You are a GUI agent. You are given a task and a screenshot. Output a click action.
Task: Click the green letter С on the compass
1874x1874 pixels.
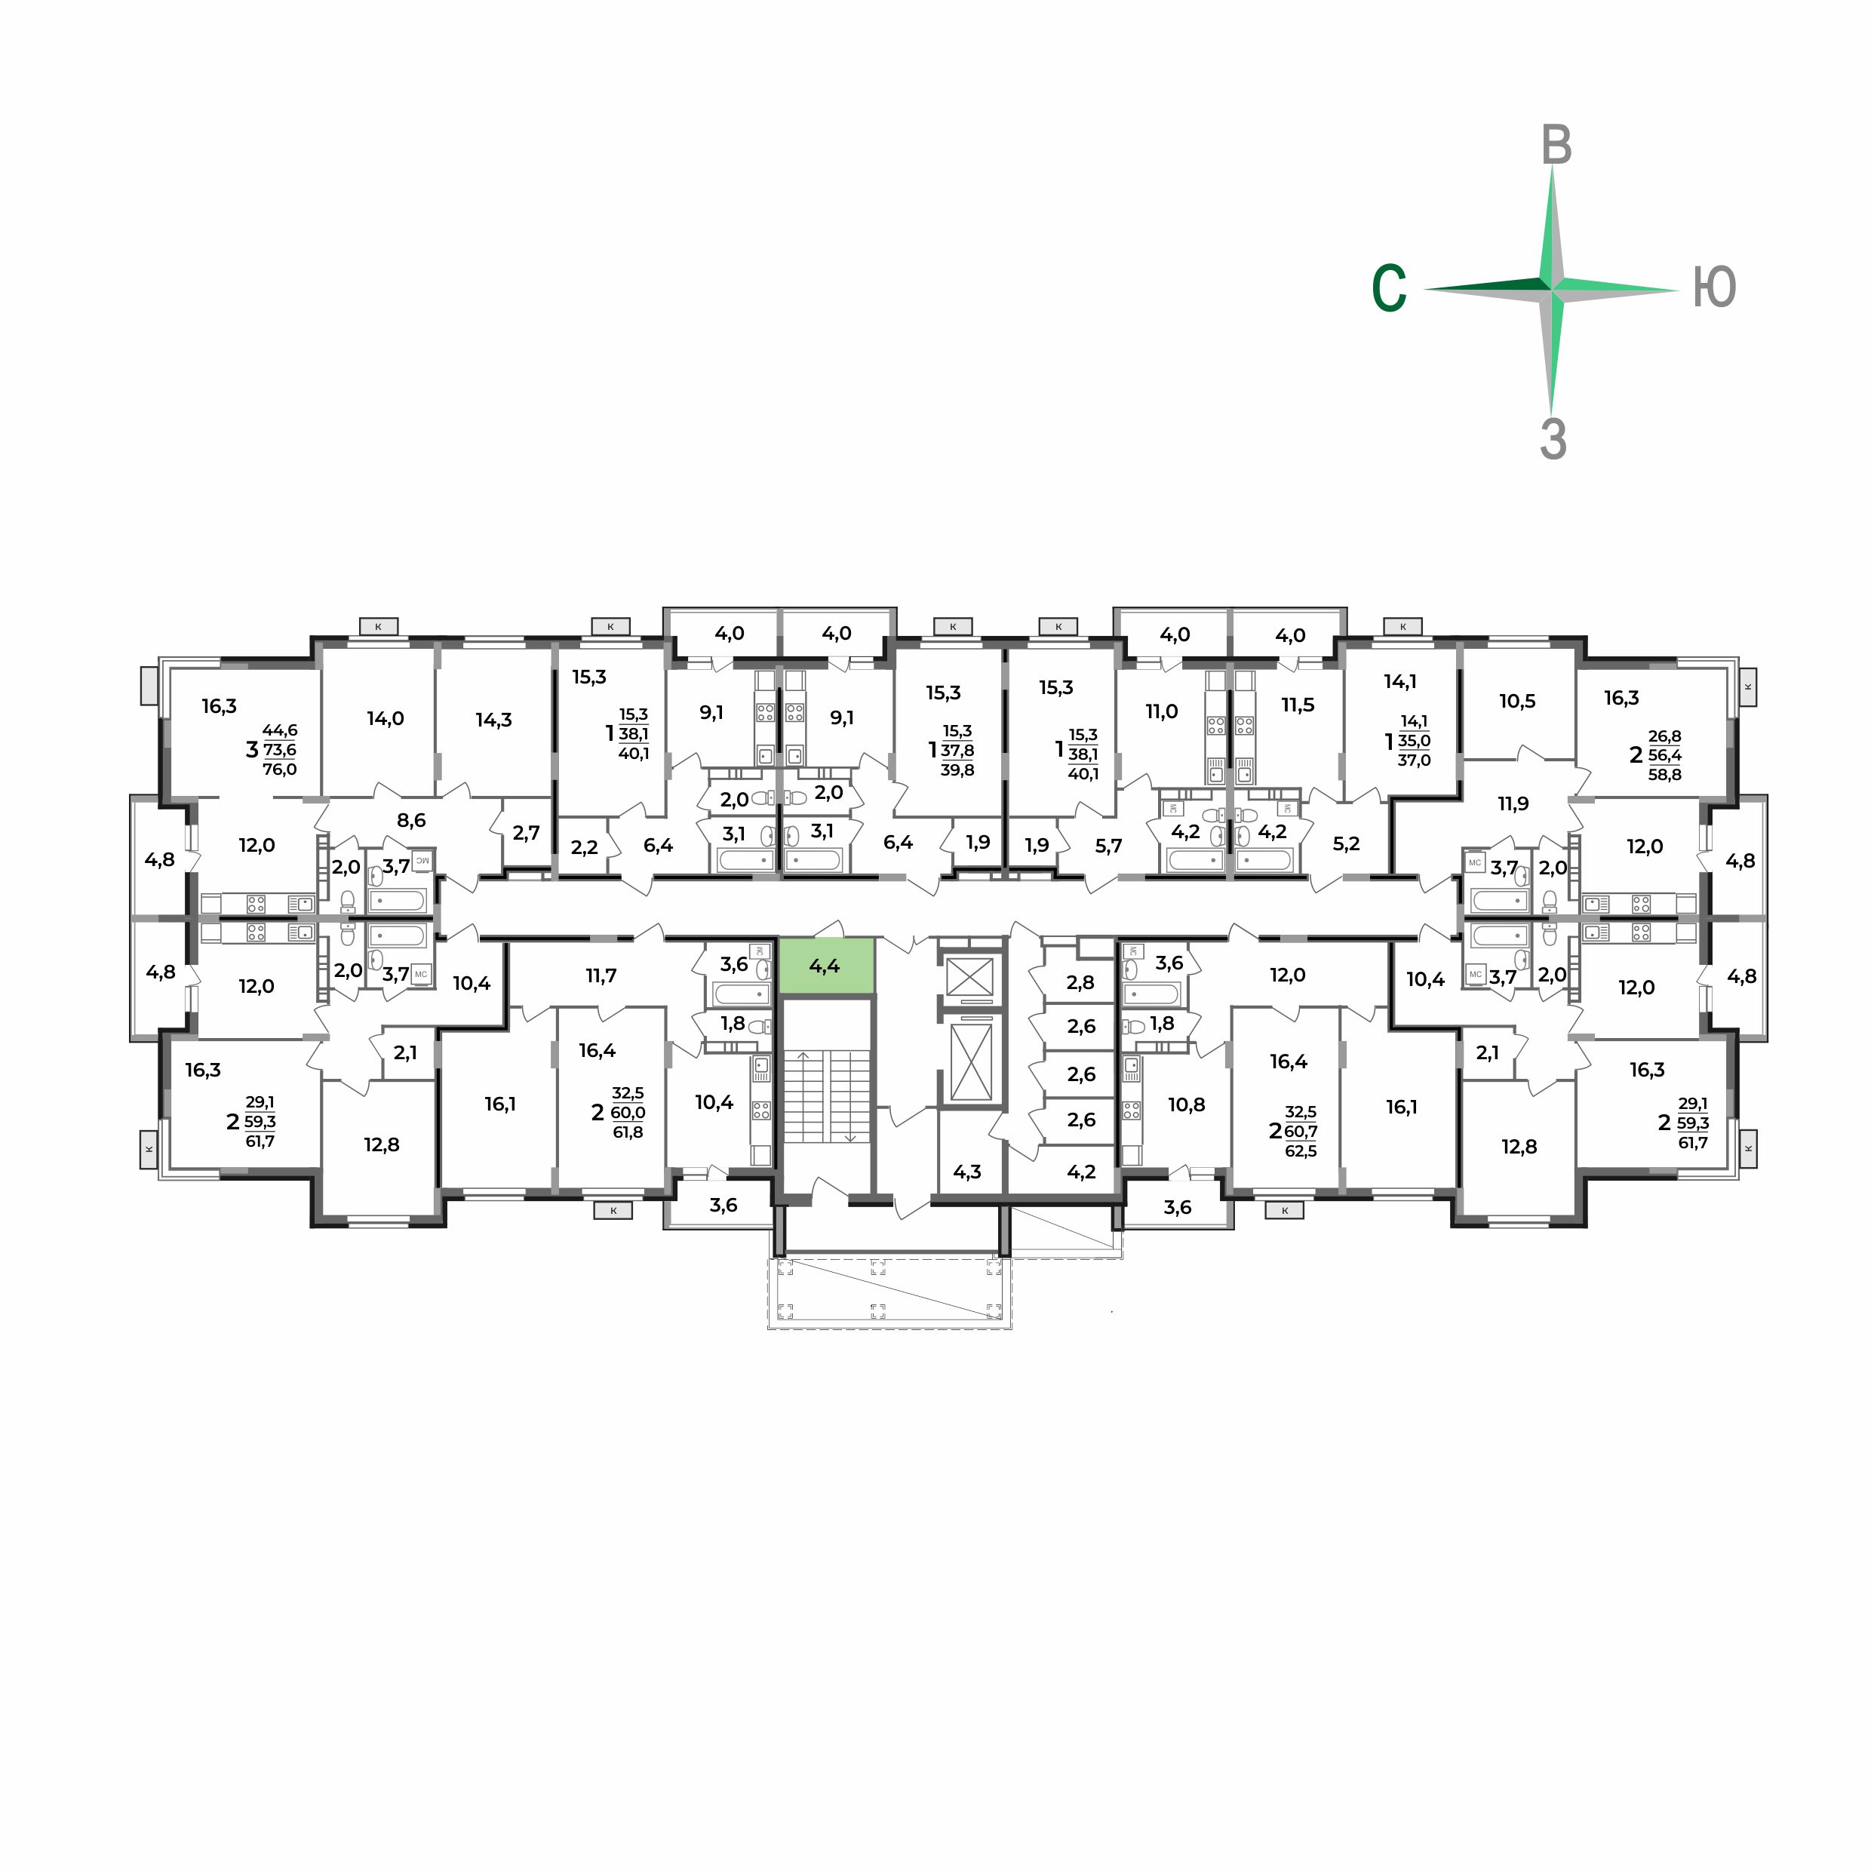(x=1389, y=288)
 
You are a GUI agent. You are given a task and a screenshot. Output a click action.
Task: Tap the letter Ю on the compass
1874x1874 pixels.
(x=1714, y=288)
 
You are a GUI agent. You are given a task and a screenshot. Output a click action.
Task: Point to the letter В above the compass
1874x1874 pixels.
(x=1556, y=146)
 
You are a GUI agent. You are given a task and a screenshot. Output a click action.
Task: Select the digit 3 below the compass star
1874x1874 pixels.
(x=1553, y=439)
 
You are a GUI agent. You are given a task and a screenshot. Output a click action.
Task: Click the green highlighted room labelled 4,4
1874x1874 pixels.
(x=825, y=966)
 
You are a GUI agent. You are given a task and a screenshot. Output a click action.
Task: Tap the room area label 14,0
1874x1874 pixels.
(x=385, y=719)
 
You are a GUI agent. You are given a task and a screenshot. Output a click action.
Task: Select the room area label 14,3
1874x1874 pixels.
(x=493, y=720)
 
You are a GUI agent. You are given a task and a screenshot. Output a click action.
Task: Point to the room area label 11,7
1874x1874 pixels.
(x=601, y=975)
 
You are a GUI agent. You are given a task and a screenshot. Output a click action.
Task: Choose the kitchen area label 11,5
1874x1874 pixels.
(x=1297, y=705)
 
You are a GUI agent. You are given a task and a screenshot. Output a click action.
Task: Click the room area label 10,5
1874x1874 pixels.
(x=1517, y=702)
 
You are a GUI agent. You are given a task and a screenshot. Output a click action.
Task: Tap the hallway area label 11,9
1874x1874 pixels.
(x=1513, y=803)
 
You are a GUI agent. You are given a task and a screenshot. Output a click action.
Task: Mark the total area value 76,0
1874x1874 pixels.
(x=279, y=770)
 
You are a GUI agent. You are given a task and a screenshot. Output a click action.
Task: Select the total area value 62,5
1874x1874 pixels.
(x=1301, y=1151)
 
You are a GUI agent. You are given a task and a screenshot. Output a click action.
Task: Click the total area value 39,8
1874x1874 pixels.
(x=957, y=770)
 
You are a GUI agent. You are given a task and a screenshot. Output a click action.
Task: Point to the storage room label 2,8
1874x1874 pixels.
(x=1080, y=982)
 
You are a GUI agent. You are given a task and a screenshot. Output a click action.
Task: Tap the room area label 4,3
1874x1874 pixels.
(x=967, y=1172)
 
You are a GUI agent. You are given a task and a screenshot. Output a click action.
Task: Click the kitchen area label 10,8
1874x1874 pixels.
(x=1186, y=1104)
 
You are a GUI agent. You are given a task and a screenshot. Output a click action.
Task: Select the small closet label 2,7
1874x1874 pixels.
(x=526, y=832)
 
